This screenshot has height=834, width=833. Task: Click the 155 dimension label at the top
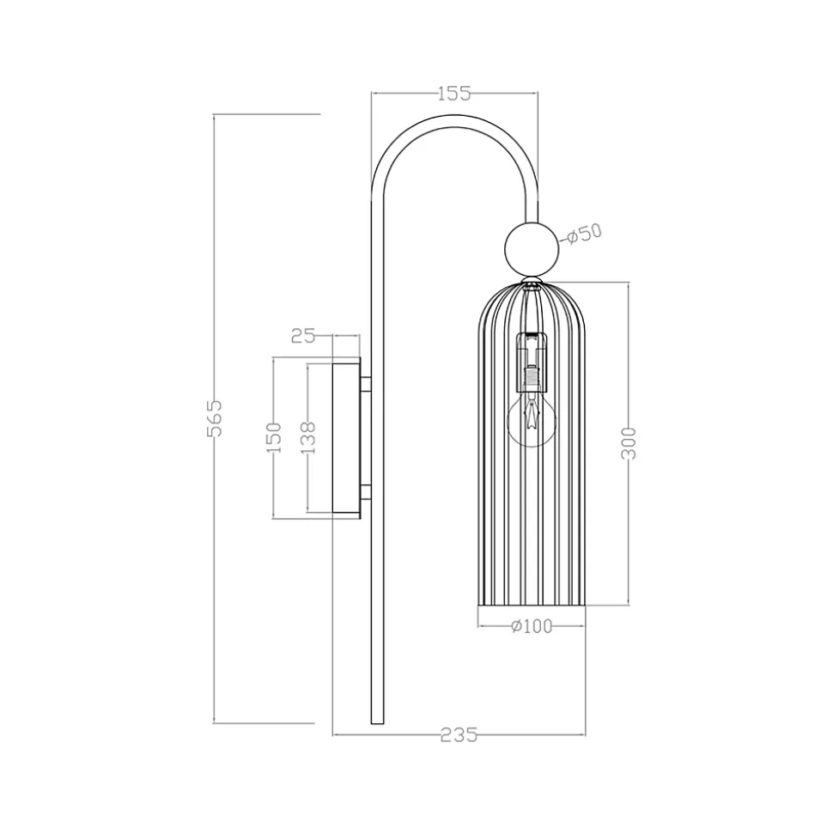point(455,94)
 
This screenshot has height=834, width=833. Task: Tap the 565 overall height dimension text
point(214,417)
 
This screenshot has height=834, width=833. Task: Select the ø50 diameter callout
point(583,234)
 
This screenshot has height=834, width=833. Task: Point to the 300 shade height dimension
point(629,443)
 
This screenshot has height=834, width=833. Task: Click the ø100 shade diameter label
point(532,626)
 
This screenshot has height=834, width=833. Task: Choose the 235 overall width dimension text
point(459,735)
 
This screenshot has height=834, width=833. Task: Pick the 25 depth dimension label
point(303,336)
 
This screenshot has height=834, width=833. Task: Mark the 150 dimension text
point(273,437)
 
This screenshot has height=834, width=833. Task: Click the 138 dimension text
point(308,437)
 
